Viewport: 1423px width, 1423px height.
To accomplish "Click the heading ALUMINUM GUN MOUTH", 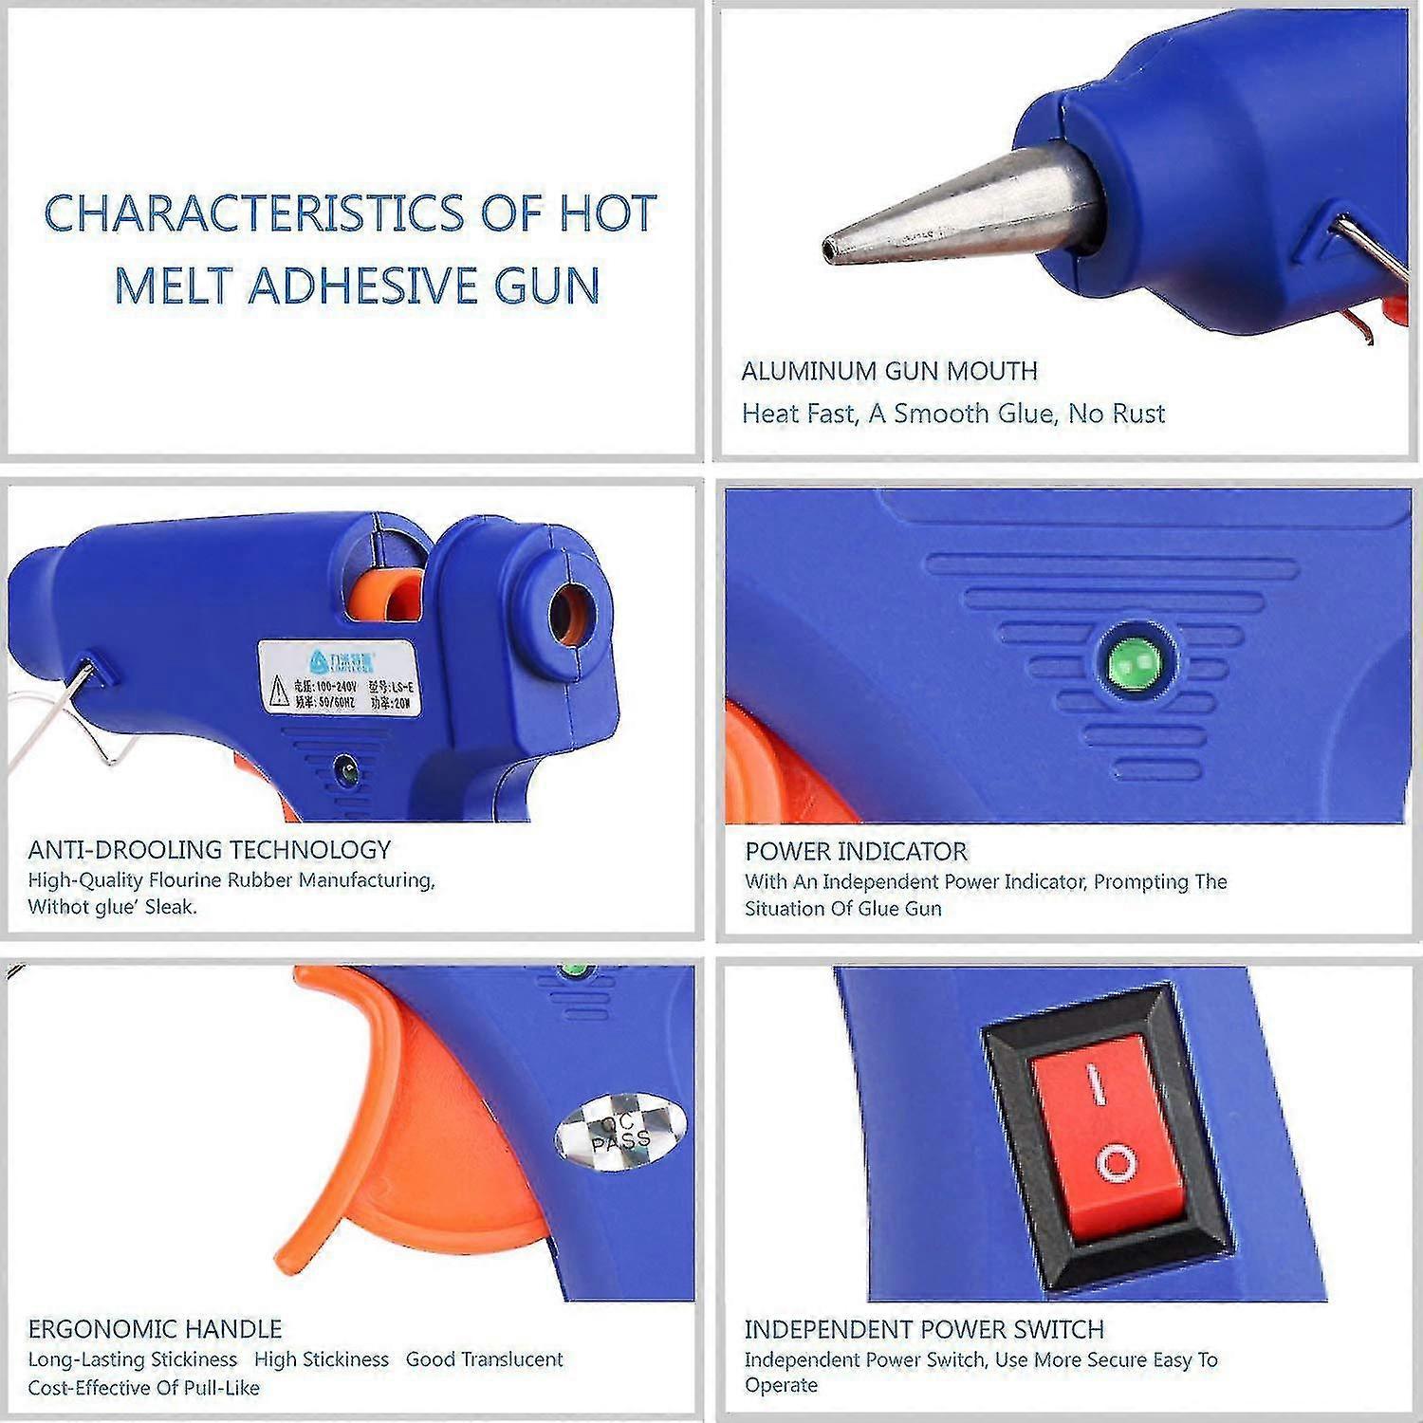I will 889,371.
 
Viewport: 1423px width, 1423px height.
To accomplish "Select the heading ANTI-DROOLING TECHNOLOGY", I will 209,849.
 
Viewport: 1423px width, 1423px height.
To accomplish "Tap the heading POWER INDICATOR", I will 856,851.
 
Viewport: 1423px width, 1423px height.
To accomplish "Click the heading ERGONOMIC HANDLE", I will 155,1328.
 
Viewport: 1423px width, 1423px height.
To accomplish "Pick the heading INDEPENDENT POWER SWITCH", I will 923,1329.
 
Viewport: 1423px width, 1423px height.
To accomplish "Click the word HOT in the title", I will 607,213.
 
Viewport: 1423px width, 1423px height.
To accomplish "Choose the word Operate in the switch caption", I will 781,1386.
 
